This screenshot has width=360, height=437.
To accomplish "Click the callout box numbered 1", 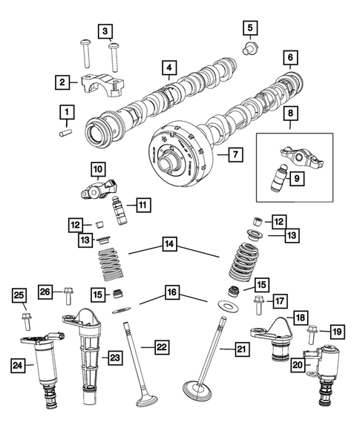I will [x=67, y=113].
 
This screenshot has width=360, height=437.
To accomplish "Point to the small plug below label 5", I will [x=250, y=49].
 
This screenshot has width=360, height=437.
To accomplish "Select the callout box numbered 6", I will [x=290, y=57].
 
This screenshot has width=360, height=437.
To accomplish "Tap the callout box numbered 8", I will [x=290, y=115].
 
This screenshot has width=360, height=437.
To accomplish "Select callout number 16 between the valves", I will [x=171, y=294].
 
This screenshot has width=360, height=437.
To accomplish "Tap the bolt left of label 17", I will [x=259, y=301].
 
